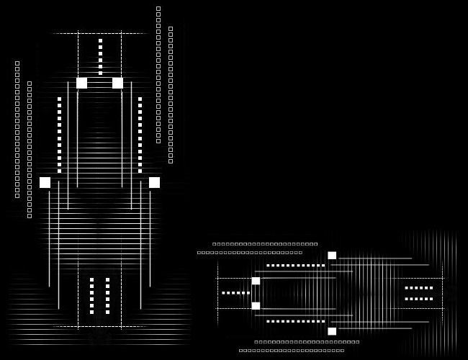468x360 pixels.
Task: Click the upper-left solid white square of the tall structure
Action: click(81, 83)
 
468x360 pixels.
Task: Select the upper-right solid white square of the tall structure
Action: click(117, 83)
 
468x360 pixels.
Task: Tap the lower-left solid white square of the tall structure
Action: click(45, 182)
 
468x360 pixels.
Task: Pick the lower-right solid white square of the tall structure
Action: click(154, 182)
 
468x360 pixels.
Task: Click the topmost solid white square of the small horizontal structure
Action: click(332, 255)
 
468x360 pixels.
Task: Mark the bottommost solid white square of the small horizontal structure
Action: click(332, 331)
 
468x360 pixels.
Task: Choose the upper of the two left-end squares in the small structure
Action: click(256, 281)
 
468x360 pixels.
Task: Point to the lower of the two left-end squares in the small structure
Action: click(256, 306)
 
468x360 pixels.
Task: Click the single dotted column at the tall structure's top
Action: click(100, 56)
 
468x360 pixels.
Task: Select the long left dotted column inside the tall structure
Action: click(59, 135)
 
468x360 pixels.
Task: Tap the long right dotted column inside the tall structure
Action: click(140, 135)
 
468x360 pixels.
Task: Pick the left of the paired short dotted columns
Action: click(91, 295)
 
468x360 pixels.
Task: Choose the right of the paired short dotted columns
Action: click(107, 295)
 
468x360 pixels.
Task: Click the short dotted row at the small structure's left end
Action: click(235, 293)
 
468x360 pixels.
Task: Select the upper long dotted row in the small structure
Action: click(295, 266)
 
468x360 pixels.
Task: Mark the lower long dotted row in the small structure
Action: click(295, 321)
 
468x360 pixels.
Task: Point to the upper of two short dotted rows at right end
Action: click(419, 288)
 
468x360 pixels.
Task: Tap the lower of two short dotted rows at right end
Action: click(419, 299)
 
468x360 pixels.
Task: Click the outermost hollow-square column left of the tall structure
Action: click(17, 130)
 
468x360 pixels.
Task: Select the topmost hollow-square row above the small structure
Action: click(265, 244)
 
